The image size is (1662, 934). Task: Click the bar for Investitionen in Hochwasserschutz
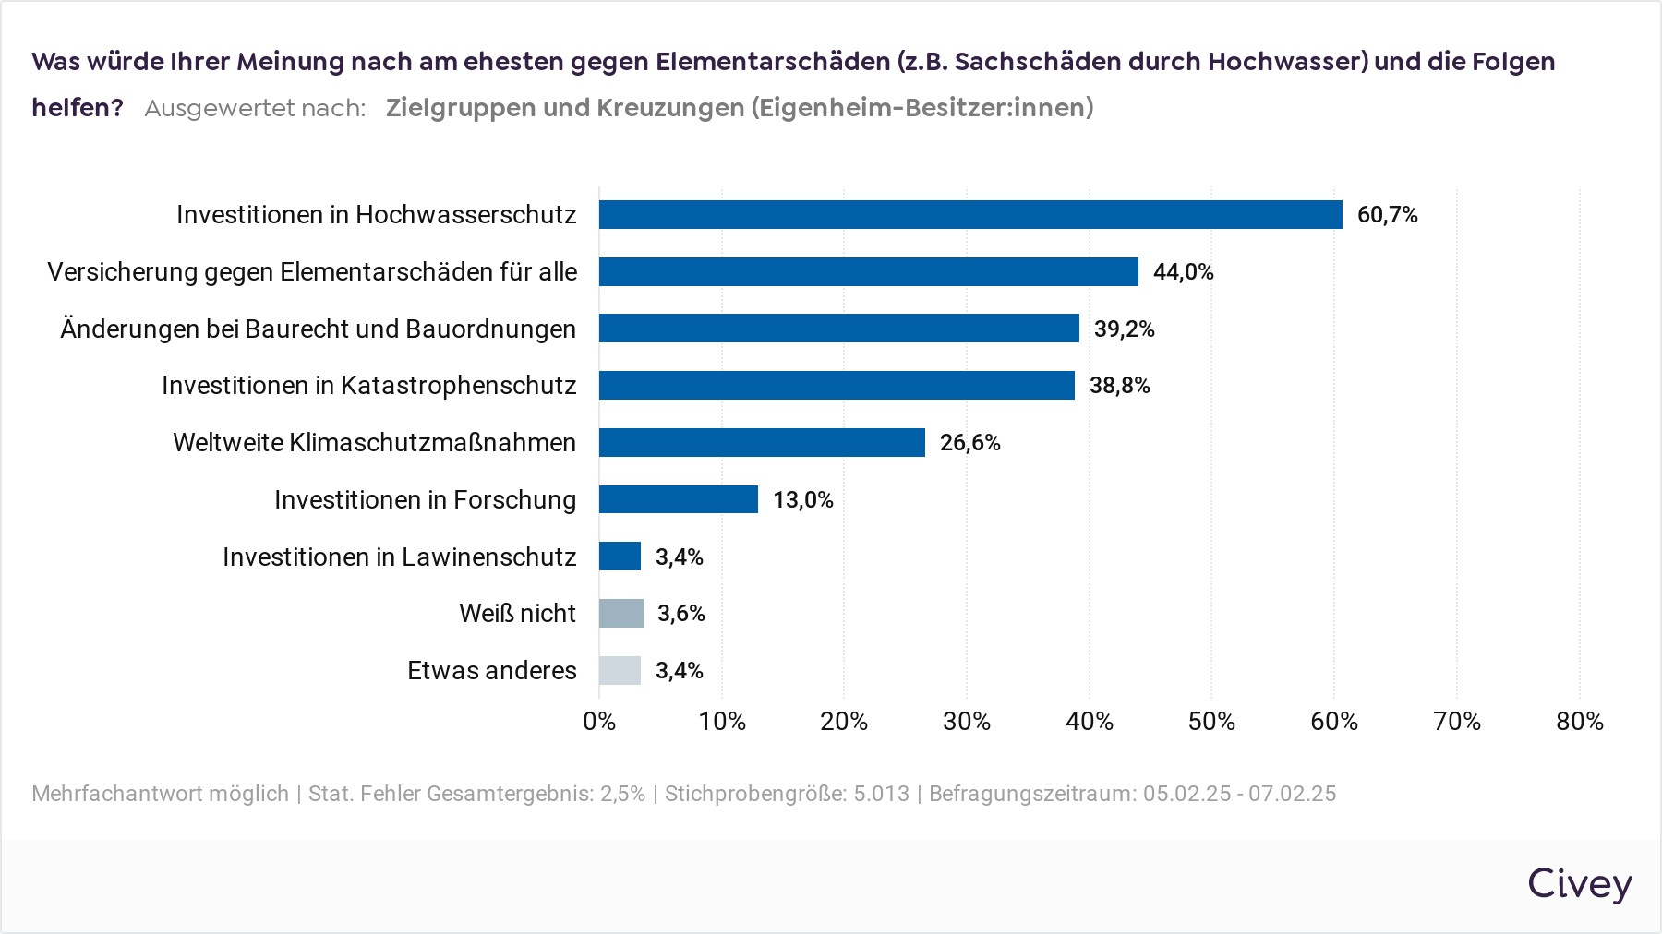969,214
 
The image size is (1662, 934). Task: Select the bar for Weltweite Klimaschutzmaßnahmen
762,442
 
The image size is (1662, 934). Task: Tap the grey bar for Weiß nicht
621,613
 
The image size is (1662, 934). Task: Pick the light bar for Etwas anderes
620,670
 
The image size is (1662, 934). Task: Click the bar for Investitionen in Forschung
679,499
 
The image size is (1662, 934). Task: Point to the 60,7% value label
1387,215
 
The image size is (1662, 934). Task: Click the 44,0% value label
1183,272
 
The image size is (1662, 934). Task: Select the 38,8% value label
1119,386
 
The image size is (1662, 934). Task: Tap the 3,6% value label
680,614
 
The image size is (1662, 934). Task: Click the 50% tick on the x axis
1211,722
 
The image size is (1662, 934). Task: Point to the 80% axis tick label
1579,722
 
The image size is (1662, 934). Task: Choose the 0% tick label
599,722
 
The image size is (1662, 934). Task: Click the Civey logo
1579,883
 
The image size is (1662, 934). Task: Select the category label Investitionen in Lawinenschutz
399,557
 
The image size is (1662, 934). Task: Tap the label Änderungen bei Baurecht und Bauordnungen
318,329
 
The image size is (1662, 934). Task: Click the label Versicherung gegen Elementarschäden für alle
312,272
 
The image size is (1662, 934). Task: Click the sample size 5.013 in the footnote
881,794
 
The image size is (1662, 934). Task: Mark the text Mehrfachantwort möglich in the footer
160,794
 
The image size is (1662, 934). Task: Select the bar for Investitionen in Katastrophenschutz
837,385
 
